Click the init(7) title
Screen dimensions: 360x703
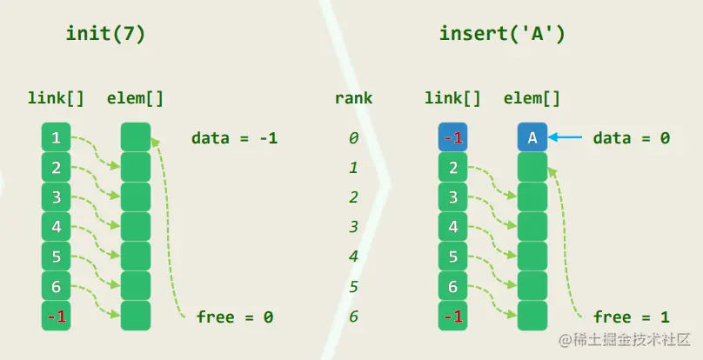(x=106, y=34)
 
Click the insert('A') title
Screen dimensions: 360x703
(x=502, y=34)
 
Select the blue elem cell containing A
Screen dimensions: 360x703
(x=532, y=137)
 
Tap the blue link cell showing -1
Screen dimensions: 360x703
(x=452, y=137)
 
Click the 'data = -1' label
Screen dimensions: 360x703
(x=234, y=137)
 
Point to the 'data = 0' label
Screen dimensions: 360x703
(x=632, y=137)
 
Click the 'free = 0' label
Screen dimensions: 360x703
(x=234, y=317)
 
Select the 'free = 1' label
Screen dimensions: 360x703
(x=632, y=317)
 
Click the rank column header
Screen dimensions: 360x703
(x=353, y=98)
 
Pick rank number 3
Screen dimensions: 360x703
(x=353, y=227)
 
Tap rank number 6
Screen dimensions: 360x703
(x=353, y=317)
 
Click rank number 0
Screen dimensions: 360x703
(x=353, y=137)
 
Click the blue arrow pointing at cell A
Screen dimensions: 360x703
(x=566, y=137)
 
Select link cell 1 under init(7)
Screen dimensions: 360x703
(x=56, y=137)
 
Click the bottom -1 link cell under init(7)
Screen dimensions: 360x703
(x=56, y=317)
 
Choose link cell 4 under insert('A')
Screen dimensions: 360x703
(x=452, y=227)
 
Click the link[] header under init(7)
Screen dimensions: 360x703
(x=56, y=98)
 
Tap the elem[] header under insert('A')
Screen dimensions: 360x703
(x=532, y=98)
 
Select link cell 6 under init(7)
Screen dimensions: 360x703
(x=56, y=287)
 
